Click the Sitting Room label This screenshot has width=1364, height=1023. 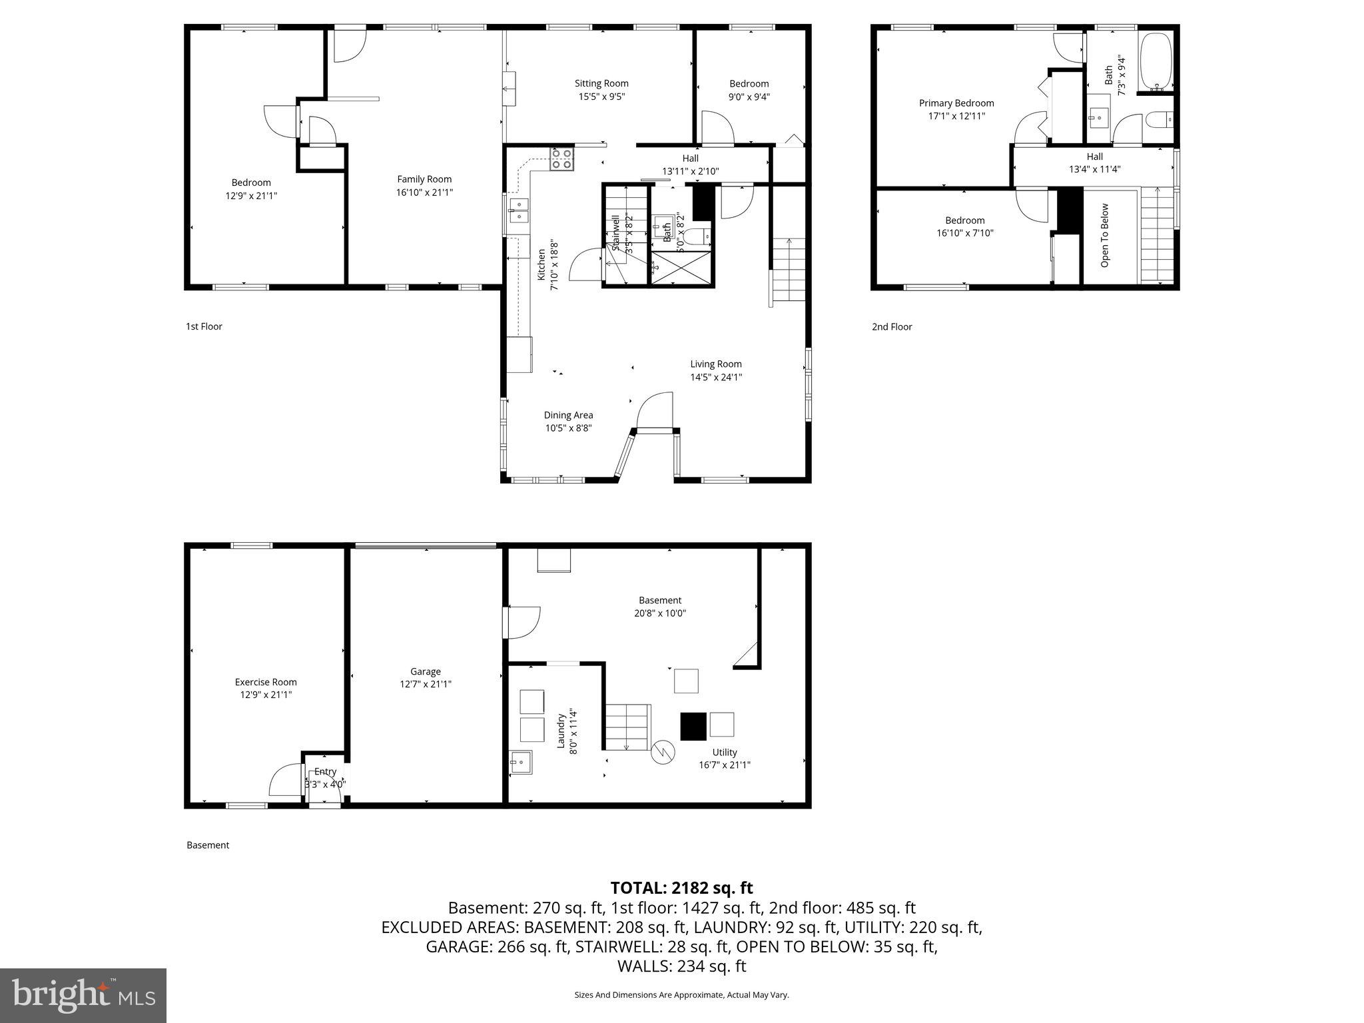[601, 83]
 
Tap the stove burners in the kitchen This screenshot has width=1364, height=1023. [561, 159]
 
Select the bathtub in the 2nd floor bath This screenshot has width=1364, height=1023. [1156, 62]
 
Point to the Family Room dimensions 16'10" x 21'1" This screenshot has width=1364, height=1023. [425, 192]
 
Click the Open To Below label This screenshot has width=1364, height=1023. [1105, 235]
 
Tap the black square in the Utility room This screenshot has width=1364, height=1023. [693, 726]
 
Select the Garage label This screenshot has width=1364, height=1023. [425, 671]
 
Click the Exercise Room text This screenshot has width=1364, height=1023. [266, 682]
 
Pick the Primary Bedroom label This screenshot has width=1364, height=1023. [956, 103]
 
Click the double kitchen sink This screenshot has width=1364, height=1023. [518, 210]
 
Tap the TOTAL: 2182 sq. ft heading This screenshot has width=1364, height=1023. [681, 888]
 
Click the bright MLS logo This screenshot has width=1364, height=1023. [83, 995]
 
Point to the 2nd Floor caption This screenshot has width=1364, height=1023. [892, 326]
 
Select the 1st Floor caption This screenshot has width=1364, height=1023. [204, 326]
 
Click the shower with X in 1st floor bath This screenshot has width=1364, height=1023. [681, 268]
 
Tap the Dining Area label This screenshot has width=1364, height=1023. [568, 415]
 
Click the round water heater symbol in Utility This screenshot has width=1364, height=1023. [663, 753]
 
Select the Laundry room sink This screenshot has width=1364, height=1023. [521, 762]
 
